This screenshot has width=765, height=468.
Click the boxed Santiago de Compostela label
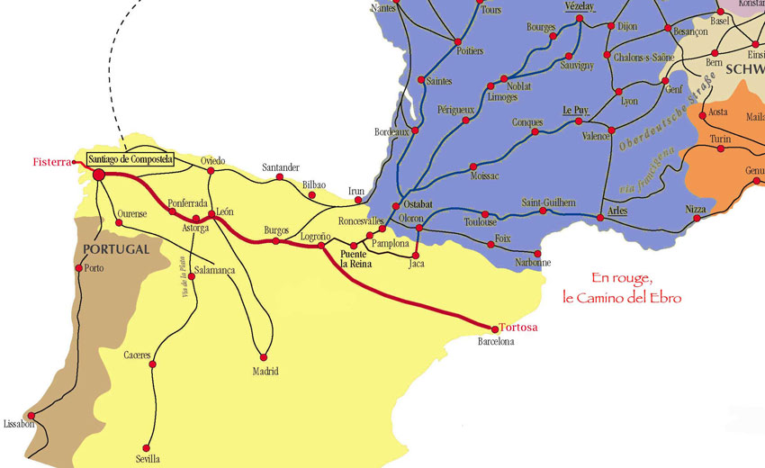pyautogui.click(x=135, y=160)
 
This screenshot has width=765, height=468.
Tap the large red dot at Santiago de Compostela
pyautogui.click(x=98, y=175)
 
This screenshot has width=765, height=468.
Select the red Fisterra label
pyautogui.click(x=51, y=163)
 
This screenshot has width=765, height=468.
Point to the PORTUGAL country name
pyautogui.click(x=114, y=248)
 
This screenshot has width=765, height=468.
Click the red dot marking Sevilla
pyautogui.click(x=149, y=445)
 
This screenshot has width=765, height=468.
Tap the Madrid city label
pyautogui.click(x=265, y=371)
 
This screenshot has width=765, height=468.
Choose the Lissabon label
pyautogui.click(x=19, y=423)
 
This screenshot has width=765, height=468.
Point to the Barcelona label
pyautogui.click(x=496, y=343)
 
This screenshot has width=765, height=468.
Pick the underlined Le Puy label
pyautogui.click(x=575, y=110)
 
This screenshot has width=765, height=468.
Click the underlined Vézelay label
pyautogui.click(x=580, y=6)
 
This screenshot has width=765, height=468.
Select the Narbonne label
pyautogui.click(x=533, y=263)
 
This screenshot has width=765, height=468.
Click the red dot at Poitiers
pyautogui.click(x=457, y=42)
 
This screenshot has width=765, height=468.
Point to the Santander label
pyautogui.click(x=280, y=167)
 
